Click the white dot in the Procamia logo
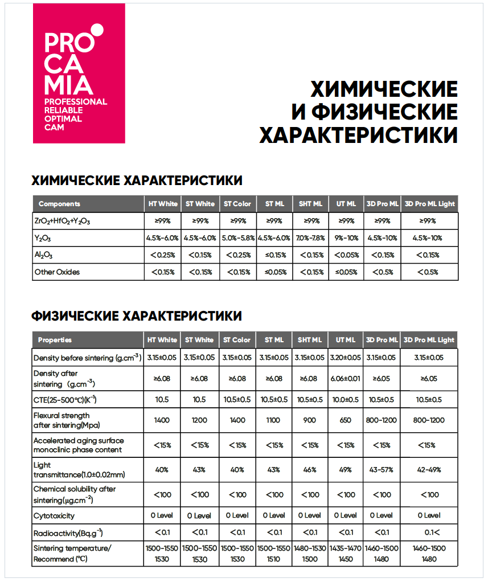(97, 28)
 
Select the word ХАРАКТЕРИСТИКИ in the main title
(358, 136)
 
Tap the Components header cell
(59, 204)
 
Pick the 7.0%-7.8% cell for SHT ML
(310, 238)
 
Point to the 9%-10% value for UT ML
(346, 238)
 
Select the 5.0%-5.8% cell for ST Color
(237, 238)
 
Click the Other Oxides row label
(57, 272)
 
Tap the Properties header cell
(55, 340)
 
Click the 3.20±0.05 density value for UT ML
(346, 358)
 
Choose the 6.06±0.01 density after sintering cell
(346, 379)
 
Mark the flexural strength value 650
(346, 420)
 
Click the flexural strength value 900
(310, 420)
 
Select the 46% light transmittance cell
(310, 470)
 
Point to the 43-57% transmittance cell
(382, 470)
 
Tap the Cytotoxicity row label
(54, 516)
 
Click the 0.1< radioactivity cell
(429, 532)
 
